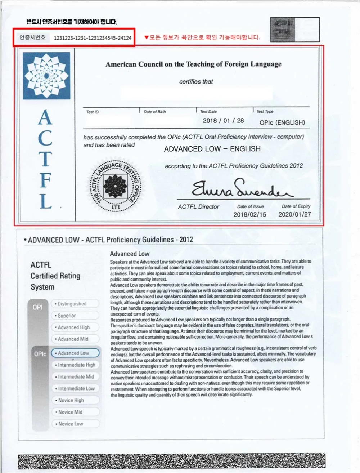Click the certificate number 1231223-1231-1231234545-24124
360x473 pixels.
pos(93,38)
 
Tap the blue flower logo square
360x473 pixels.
pos(46,76)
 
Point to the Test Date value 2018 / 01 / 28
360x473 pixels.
pos(223,121)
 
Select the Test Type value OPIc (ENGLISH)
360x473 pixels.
pos(282,122)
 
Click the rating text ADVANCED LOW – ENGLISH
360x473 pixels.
pos(212,149)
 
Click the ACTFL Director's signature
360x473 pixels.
pos(241,188)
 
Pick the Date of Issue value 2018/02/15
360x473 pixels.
pos(249,214)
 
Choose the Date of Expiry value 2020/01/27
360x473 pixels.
pos(294,214)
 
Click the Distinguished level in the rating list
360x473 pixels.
pos(75,304)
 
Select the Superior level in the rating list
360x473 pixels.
pos(75,316)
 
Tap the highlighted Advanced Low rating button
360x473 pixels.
pos(75,353)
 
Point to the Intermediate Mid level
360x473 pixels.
pos(75,376)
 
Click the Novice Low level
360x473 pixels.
pos(75,424)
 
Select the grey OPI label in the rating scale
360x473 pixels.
pos(37,307)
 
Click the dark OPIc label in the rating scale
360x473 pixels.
pos(40,354)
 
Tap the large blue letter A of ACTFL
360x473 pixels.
pos(45,117)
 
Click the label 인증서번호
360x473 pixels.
pos(32,37)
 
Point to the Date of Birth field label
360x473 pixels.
pos(155,112)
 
